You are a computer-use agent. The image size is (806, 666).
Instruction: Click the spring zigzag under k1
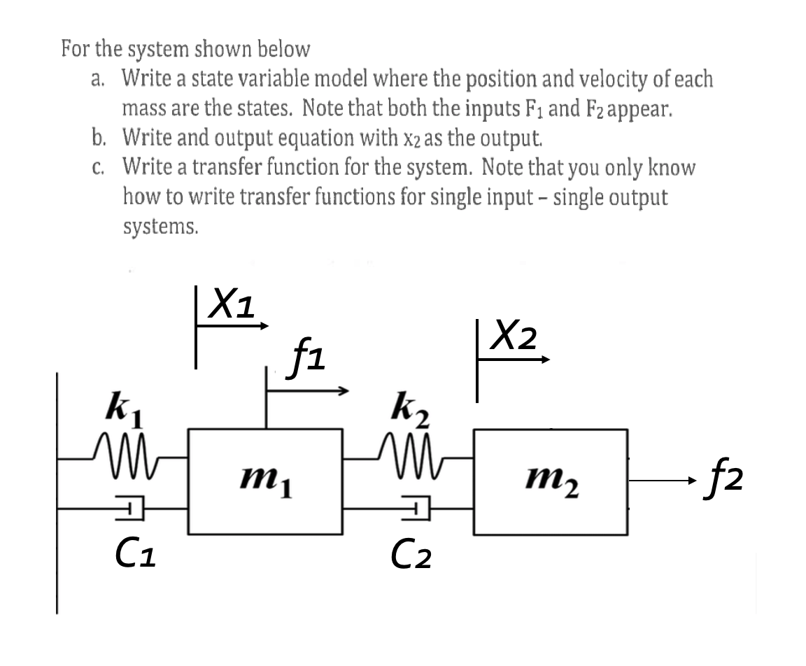(127, 446)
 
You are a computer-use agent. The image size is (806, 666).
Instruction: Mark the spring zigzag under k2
(410, 446)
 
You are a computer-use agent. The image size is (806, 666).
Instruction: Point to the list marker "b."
(99, 139)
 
